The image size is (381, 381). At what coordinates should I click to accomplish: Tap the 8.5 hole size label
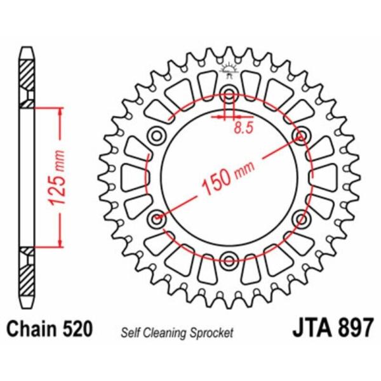pos(244,128)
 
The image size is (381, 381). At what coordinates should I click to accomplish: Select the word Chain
pos(32,329)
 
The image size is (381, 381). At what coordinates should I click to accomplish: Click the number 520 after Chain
pos(77,329)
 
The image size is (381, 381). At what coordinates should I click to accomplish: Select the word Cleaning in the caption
pos(166,333)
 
